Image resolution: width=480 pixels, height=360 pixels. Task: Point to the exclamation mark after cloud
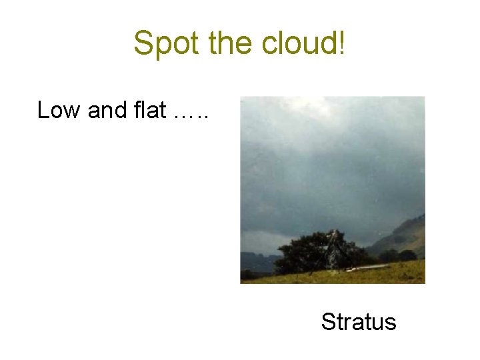342,43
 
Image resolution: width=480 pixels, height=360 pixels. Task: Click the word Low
59,110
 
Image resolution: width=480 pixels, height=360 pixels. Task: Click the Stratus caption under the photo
359,322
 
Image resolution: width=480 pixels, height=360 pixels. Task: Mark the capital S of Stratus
328,322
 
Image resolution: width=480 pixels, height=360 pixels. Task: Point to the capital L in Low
43,110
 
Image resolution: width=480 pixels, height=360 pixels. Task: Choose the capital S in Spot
143,43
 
